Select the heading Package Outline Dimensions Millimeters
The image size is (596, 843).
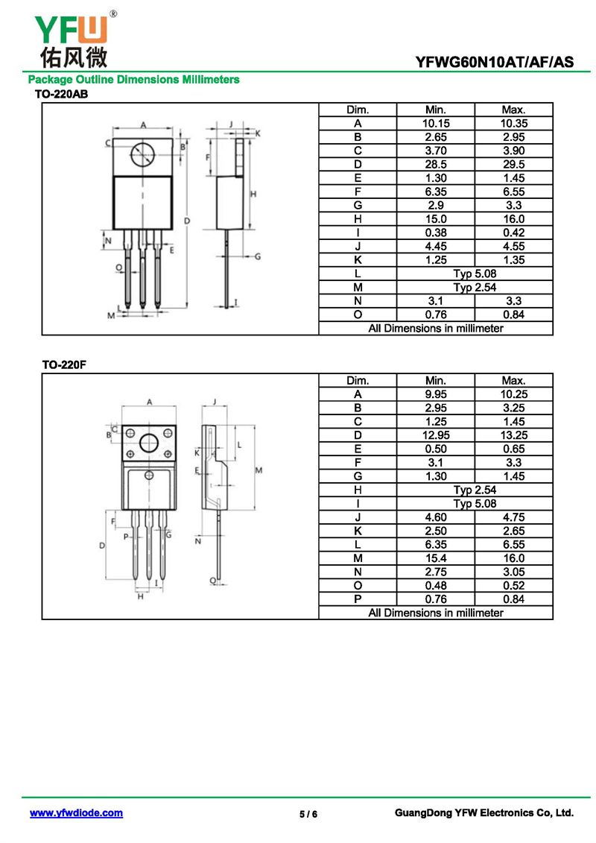click(x=133, y=79)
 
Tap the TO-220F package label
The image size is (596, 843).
click(x=59, y=364)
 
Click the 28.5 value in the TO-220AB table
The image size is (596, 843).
click(x=435, y=164)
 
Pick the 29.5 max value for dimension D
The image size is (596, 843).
click(x=513, y=164)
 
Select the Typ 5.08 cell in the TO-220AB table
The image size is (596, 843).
click(x=475, y=274)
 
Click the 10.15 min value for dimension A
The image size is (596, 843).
click(x=435, y=123)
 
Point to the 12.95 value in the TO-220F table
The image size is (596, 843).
click(x=435, y=435)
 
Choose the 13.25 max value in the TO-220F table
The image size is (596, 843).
click(x=513, y=435)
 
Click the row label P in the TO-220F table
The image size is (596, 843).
click(x=358, y=599)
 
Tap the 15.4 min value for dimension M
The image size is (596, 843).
click(x=435, y=558)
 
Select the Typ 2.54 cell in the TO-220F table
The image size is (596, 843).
click(x=475, y=490)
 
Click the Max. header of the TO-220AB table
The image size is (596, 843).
click(x=513, y=110)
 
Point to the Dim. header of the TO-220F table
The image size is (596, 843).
click(x=358, y=381)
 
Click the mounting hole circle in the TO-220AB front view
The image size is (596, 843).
click(x=142, y=155)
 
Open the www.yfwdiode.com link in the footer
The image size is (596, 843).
click(x=76, y=813)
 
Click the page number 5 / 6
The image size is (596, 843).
click(x=308, y=814)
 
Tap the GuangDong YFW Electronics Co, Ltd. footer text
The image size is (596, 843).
click(x=484, y=813)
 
